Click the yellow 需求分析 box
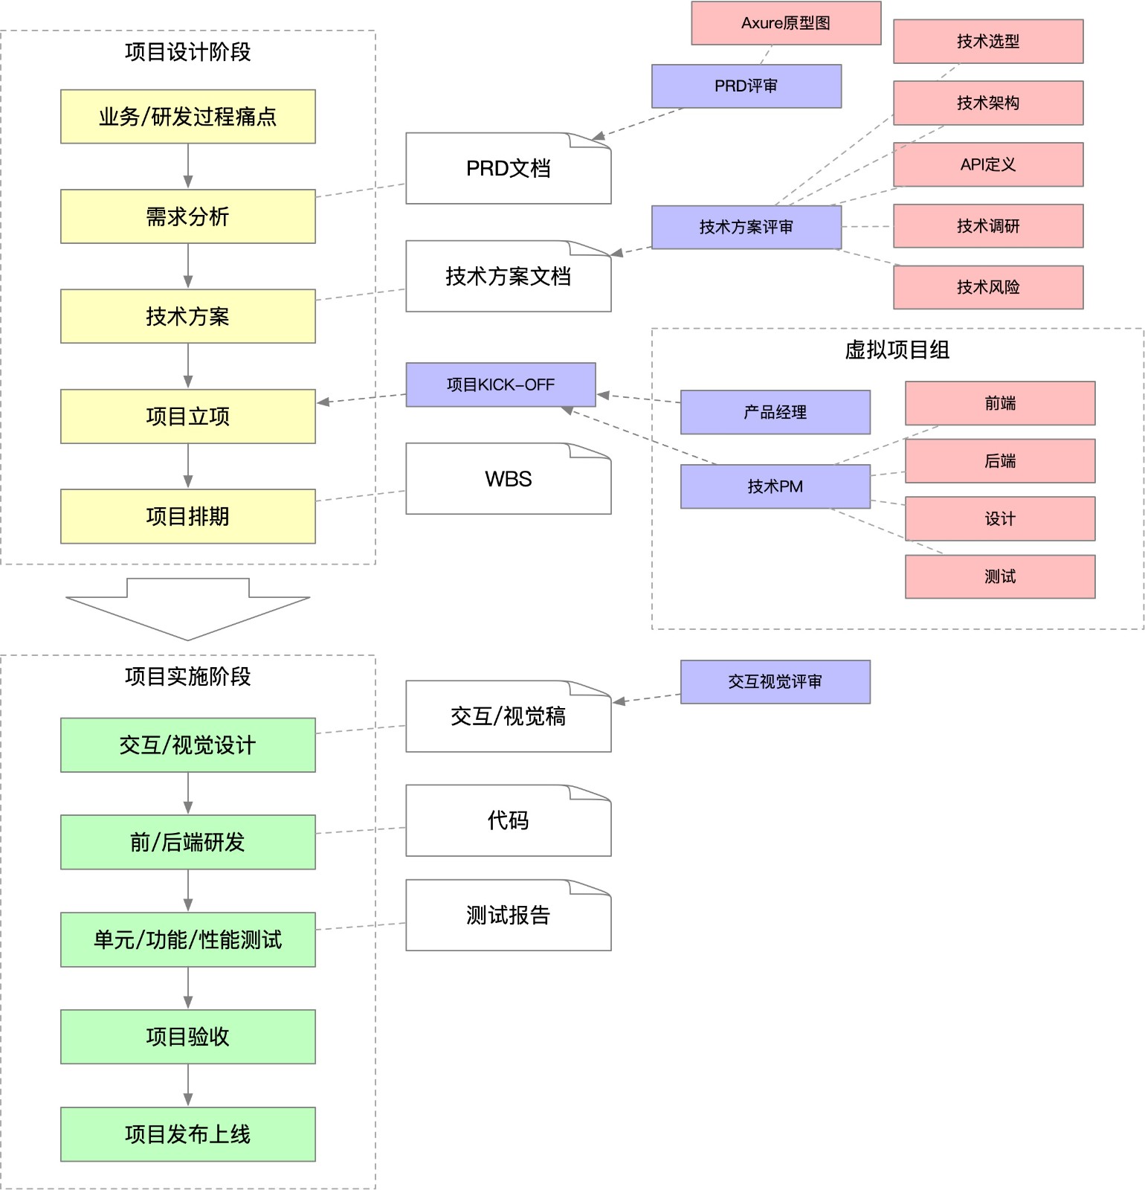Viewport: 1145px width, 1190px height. [x=187, y=216]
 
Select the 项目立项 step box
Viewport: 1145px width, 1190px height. [x=187, y=416]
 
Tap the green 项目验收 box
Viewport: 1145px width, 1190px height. [x=187, y=1037]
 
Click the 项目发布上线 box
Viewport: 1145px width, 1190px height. [x=187, y=1134]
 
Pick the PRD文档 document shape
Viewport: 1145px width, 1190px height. [x=508, y=169]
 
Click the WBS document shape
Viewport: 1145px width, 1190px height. [x=508, y=479]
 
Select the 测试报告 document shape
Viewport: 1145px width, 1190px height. [x=508, y=916]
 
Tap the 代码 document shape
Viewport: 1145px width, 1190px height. [x=508, y=821]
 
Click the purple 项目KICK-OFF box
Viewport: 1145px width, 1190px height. [x=500, y=385]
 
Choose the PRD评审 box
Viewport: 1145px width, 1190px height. [x=746, y=86]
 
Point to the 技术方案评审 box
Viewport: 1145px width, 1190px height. [x=746, y=227]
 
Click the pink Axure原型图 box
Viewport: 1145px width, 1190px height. [x=786, y=23]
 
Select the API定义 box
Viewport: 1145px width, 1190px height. [x=987, y=164]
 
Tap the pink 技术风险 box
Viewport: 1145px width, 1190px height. [x=987, y=287]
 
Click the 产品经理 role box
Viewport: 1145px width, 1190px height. [x=775, y=412]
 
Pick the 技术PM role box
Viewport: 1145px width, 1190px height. [x=775, y=486]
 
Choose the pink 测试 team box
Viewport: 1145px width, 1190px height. [x=999, y=576]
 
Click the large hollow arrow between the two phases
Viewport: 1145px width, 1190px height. [x=187, y=610]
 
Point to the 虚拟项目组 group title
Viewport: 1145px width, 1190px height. [x=897, y=350]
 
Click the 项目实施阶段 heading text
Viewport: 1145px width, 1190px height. [x=187, y=676]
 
